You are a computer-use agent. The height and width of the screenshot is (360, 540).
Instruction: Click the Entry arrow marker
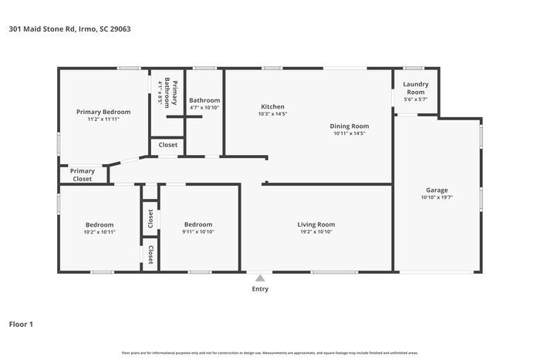click(x=260, y=278)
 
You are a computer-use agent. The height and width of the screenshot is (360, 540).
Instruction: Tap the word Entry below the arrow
click(x=260, y=289)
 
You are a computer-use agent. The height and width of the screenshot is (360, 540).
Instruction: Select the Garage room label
click(x=437, y=190)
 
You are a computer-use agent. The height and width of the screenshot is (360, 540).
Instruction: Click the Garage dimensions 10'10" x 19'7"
click(x=437, y=197)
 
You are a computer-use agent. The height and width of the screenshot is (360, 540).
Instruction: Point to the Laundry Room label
click(x=415, y=89)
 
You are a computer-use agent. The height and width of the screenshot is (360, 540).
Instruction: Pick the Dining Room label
click(x=349, y=126)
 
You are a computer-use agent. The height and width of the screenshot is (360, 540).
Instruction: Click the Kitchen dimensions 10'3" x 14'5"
click(x=272, y=114)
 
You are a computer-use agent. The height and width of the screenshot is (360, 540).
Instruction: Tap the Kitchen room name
click(x=272, y=106)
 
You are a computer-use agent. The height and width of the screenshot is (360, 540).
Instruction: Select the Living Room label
click(x=316, y=224)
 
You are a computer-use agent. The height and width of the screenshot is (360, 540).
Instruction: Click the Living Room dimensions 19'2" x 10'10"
click(x=316, y=232)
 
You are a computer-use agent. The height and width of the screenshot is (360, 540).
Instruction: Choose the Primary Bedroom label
click(x=103, y=112)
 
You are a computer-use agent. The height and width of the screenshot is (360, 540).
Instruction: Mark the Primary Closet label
click(x=83, y=175)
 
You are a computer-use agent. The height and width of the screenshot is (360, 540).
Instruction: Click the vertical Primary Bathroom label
click(x=175, y=93)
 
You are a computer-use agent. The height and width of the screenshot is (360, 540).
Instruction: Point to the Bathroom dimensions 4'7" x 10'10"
click(x=204, y=108)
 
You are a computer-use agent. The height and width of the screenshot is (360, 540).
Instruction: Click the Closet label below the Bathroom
click(x=167, y=145)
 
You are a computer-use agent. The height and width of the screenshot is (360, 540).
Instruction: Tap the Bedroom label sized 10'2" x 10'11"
click(x=100, y=224)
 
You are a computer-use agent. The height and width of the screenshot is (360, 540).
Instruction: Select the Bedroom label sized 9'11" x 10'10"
click(x=198, y=224)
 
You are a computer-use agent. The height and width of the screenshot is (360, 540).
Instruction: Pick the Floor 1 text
click(x=21, y=324)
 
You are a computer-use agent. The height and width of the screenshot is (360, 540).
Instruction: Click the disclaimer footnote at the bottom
click(x=269, y=352)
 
